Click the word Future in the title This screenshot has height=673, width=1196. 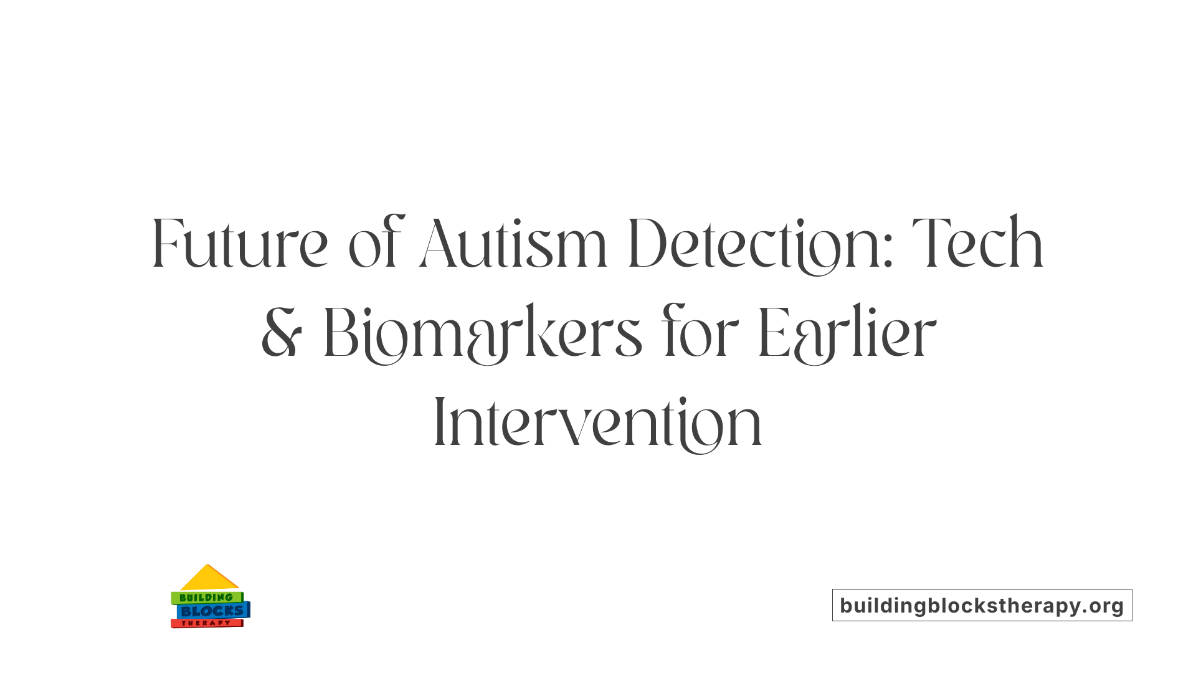click(x=240, y=244)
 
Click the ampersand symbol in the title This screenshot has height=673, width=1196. click(x=282, y=333)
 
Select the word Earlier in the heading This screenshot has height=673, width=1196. click(x=847, y=333)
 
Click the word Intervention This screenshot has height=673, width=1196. click(x=598, y=423)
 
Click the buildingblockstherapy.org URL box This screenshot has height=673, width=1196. click(x=982, y=605)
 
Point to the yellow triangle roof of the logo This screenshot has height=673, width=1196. click(x=208, y=579)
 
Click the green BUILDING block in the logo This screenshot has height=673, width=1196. click(x=206, y=598)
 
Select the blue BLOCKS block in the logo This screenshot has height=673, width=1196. click(x=212, y=611)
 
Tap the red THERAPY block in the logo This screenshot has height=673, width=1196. click(x=206, y=623)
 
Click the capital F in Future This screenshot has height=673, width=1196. click(x=166, y=244)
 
